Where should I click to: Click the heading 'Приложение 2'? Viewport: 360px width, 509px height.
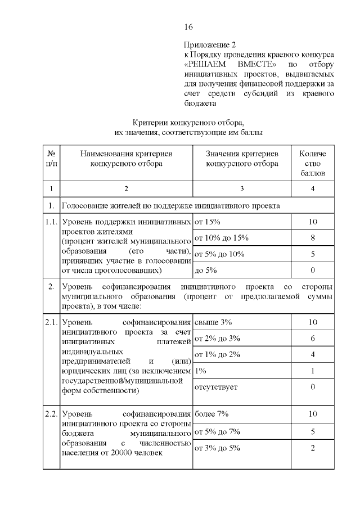[208, 44]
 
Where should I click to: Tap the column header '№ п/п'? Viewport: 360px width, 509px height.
[51, 159]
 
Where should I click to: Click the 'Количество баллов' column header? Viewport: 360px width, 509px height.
[313, 163]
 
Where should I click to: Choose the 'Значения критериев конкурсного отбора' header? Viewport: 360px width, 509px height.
[242, 159]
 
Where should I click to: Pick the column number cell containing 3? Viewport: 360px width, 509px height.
[242, 188]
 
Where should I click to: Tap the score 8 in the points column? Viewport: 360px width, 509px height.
[313, 238]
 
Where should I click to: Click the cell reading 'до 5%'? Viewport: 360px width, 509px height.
[206, 271]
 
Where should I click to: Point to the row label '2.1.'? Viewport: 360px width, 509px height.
[51, 322]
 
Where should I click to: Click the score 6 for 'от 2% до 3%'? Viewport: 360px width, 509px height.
[313, 339]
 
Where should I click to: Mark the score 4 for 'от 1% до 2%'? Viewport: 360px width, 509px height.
[313, 354]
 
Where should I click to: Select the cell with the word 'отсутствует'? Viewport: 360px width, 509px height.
[216, 387]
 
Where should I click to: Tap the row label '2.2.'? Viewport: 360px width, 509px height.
[51, 415]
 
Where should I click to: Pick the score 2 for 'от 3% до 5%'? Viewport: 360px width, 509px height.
[313, 448]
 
